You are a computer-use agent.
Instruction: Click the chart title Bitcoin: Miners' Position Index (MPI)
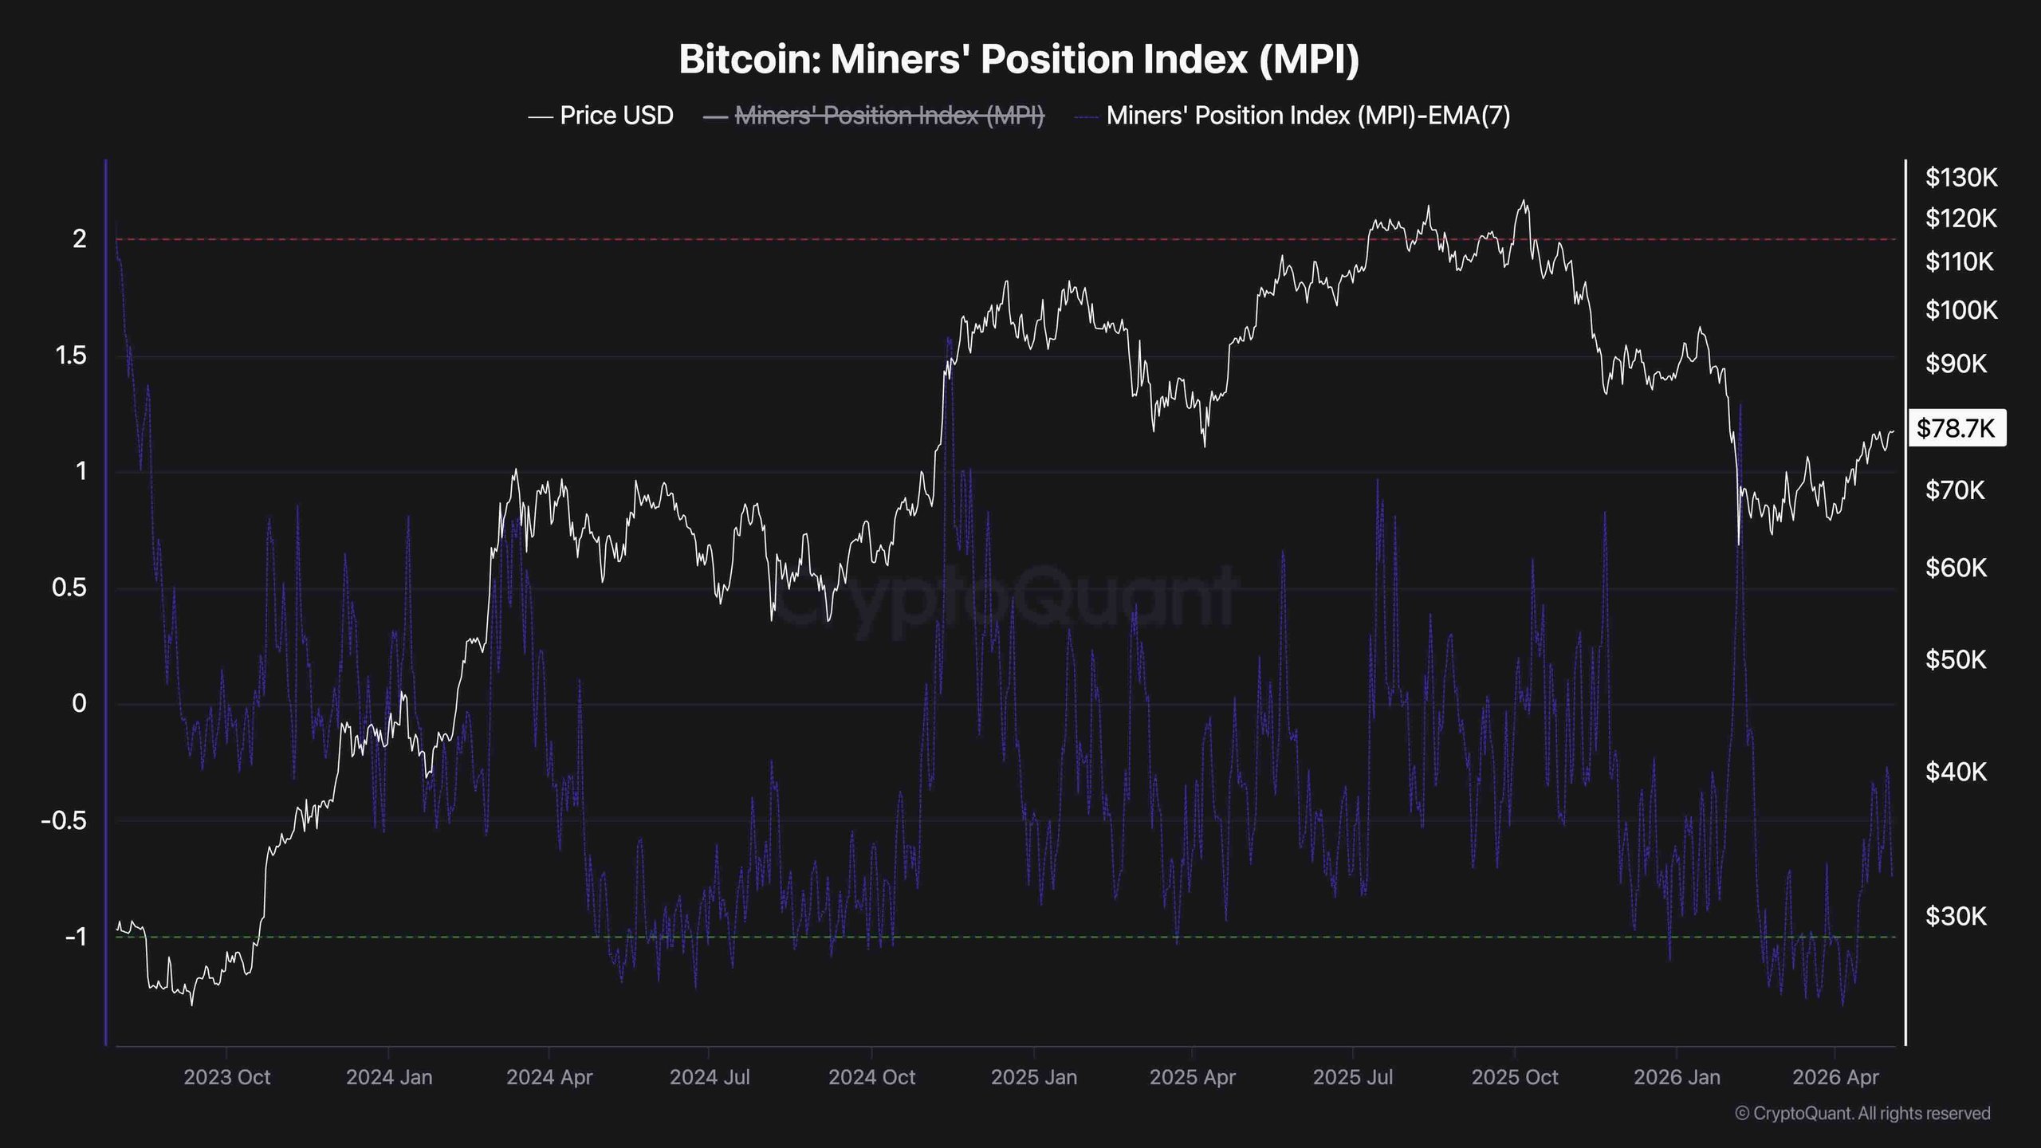pyautogui.click(x=1019, y=60)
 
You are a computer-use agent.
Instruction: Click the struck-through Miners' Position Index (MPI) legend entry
pyautogui.click(x=874, y=116)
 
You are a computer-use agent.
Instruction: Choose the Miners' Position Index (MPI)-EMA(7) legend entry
pyautogui.click(x=1292, y=116)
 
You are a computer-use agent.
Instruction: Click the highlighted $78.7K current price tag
pyautogui.click(x=1956, y=428)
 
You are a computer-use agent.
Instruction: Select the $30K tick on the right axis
pyautogui.click(x=1956, y=916)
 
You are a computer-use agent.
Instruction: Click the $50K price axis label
pyautogui.click(x=1956, y=659)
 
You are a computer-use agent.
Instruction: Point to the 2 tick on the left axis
pyautogui.click(x=80, y=238)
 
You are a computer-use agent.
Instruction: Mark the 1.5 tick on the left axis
pyautogui.click(x=72, y=356)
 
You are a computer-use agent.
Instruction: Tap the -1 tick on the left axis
pyautogui.click(x=77, y=937)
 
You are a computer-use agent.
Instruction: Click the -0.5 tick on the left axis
pyautogui.click(x=64, y=820)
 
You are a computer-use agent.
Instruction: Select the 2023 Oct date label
pyautogui.click(x=227, y=1077)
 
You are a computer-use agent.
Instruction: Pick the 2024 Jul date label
pyautogui.click(x=710, y=1077)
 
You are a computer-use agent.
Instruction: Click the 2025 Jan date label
pyautogui.click(x=1034, y=1077)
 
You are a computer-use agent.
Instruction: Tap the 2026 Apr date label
pyautogui.click(x=1836, y=1077)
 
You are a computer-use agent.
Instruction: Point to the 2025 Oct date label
pyautogui.click(x=1515, y=1077)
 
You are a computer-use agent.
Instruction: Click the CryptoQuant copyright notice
pyautogui.click(x=1862, y=1113)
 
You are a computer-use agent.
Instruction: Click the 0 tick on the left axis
pyautogui.click(x=80, y=703)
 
